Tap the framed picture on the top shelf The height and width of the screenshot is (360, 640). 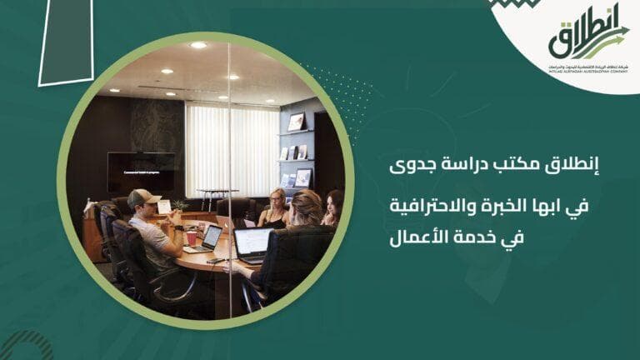[296, 122]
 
